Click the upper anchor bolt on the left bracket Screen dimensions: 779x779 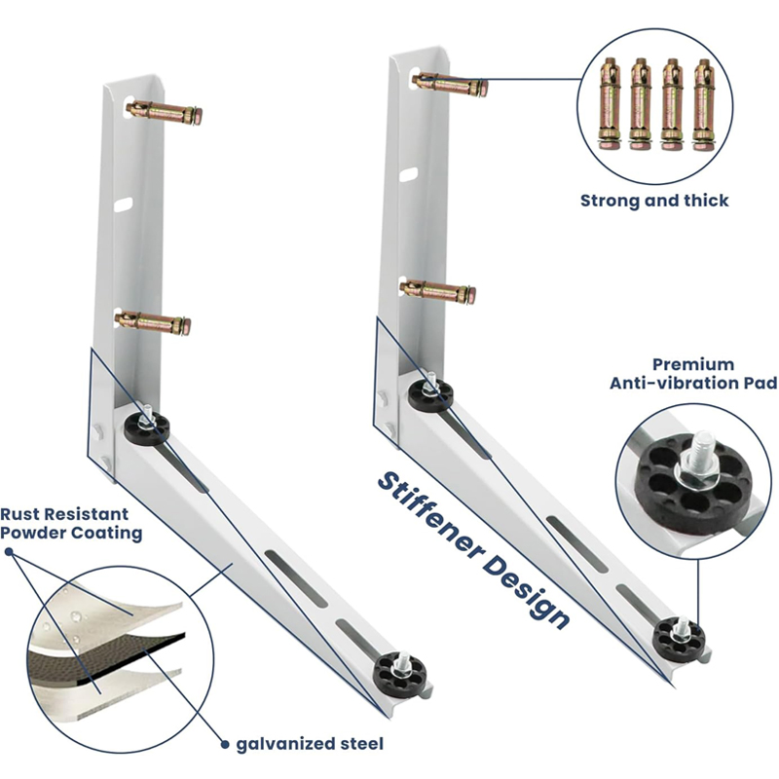tap(164, 113)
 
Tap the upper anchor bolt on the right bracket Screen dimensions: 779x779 tap(450, 84)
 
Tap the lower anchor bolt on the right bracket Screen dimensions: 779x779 tap(438, 291)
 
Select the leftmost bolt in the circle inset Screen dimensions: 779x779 tap(610, 103)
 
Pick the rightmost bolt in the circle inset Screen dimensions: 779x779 tap(703, 104)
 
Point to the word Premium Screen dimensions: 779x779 tap(693, 364)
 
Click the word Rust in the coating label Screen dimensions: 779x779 tap(21, 514)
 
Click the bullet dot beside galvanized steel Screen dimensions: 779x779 tap(225, 744)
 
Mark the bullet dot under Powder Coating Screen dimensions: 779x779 tap(9, 552)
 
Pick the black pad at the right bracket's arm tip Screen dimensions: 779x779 tap(679, 639)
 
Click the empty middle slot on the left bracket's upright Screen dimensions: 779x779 tap(124, 204)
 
